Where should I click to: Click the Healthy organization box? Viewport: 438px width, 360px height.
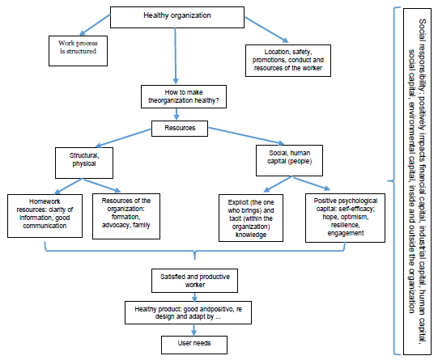click(x=177, y=17)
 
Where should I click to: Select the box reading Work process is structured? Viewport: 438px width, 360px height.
click(x=78, y=51)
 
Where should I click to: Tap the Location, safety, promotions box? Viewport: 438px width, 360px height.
click(x=288, y=61)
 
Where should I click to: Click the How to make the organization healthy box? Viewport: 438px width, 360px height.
click(x=184, y=96)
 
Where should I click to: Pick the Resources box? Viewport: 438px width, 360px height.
click(x=180, y=129)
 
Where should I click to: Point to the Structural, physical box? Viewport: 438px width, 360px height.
click(x=84, y=163)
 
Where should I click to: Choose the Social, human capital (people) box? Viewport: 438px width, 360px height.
click(x=289, y=160)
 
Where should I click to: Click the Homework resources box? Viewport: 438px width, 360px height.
click(x=45, y=216)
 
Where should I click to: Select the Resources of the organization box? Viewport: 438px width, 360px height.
click(x=126, y=216)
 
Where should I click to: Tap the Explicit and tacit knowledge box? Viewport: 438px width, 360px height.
click(x=251, y=218)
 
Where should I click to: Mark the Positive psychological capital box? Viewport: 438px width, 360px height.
click(x=345, y=218)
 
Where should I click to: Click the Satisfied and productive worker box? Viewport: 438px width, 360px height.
click(x=194, y=281)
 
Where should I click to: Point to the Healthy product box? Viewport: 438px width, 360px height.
click(x=188, y=312)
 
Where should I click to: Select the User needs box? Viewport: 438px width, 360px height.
click(x=194, y=345)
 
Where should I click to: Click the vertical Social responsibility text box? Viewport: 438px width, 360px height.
click(x=417, y=182)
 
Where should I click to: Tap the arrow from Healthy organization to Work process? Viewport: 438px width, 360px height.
click(x=95, y=25)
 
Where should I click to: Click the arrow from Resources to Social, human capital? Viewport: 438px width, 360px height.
click(x=246, y=136)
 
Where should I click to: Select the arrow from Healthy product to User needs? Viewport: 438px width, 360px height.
click(x=193, y=330)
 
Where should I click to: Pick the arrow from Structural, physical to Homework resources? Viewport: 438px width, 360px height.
click(x=69, y=186)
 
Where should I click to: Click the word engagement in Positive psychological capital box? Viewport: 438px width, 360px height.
click(x=346, y=233)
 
